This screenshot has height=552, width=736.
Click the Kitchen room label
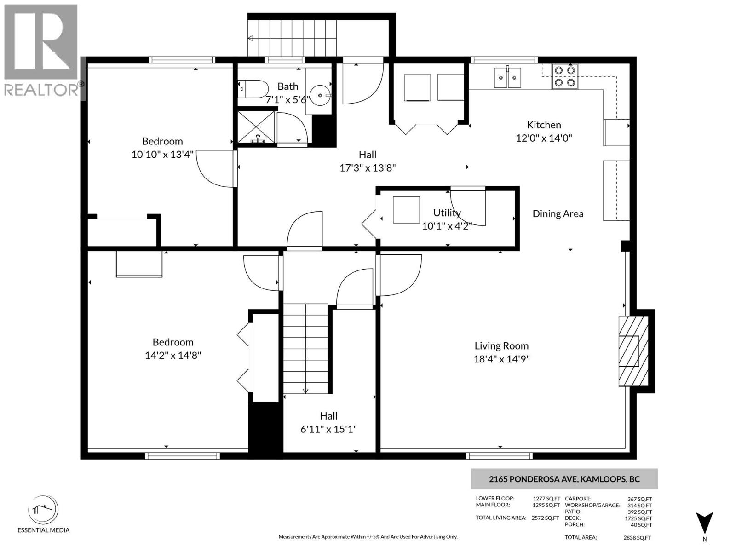(544, 125)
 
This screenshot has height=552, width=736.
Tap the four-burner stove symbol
(565, 76)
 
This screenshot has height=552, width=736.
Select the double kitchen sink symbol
(507, 77)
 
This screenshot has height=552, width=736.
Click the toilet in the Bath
(253, 89)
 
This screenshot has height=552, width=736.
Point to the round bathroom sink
(320, 95)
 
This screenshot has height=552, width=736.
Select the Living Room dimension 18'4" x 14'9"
(501, 359)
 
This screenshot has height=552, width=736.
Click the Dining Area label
(558, 213)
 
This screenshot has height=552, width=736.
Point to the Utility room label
(447, 213)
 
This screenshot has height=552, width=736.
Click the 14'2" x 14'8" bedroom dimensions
(173, 356)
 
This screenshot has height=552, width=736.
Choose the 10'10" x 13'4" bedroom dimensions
(162, 155)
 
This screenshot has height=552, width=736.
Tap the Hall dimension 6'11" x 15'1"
(328, 430)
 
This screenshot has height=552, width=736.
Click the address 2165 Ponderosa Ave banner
(564, 479)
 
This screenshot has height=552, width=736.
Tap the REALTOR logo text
(41, 90)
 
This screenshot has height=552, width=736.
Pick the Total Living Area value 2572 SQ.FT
(545, 518)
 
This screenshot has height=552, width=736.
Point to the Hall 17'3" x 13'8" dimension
(368, 168)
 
